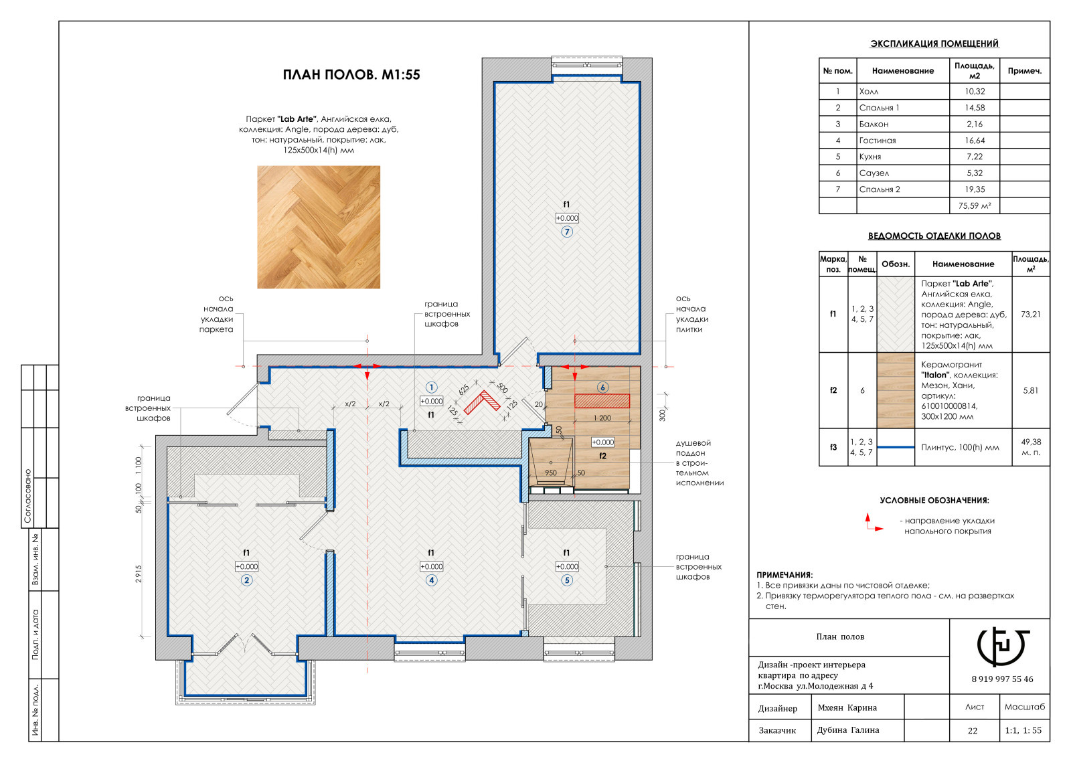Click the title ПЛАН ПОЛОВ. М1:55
click(x=351, y=74)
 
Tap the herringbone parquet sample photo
click(x=319, y=227)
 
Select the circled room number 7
click(x=567, y=232)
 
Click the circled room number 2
click(x=247, y=580)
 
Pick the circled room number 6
click(x=602, y=388)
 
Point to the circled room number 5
click(x=567, y=580)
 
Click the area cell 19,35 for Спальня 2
click(x=975, y=189)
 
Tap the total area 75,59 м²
click(x=975, y=205)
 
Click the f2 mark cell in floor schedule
click(x=833, y=390)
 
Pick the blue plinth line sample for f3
click(x=896, y=447)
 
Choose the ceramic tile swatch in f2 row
click(x=896, y=390)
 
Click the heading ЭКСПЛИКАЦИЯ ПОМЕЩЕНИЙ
click(x=934, y=44)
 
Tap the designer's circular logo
click(x=1003, y=645)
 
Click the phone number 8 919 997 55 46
click(x=1003, y=679)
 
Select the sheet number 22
click(x=973, y=730)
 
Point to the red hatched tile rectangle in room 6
click(x=602, y=401)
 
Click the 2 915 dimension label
click(x=139, y=574)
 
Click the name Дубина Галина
click(x=847, y=730)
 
